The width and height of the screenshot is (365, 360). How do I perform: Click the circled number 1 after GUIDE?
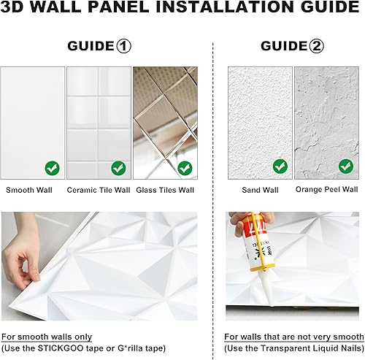tap(123, 46)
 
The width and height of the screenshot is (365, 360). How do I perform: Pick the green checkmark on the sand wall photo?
tap(280, 166)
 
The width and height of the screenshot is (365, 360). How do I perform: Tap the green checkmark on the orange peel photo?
tap(345, 166)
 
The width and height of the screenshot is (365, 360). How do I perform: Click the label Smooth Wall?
tap(30, 190)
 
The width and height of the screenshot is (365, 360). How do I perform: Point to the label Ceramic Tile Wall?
tap(98, 190)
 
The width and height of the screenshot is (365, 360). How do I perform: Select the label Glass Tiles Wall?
tap(166, 190)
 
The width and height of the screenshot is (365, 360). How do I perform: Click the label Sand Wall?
tap(260, 190)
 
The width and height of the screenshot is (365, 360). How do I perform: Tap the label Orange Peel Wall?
tap(326, 190)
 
